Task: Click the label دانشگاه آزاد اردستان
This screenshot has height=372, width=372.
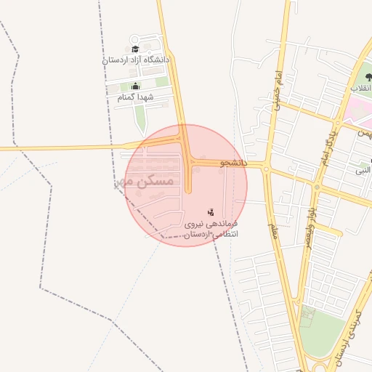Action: point(136,60)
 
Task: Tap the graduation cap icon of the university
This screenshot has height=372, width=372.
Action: point(135,49)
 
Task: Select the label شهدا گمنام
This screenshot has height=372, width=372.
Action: point(132,97)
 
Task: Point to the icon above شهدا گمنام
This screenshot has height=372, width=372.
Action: point(135,86)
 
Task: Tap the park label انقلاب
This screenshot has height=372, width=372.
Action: point(360,88)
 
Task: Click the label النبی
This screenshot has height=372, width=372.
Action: point(363,170)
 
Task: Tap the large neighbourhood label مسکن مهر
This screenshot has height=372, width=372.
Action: point(145,181)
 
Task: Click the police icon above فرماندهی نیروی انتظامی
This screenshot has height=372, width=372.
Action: point(211,212)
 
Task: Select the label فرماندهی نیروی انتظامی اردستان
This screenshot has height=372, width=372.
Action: point(211,230)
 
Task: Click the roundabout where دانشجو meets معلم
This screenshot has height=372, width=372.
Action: point(267,169)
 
